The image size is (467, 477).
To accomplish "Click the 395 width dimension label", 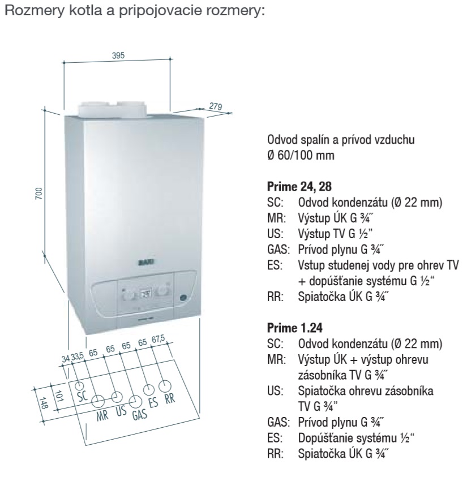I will pyautogui.click(x=118, y=55).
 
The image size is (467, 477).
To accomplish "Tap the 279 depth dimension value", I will pyautogui.click(x=215, y=106).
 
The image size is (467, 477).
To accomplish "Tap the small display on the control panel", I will pyautogui.click(x=145, y=294).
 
